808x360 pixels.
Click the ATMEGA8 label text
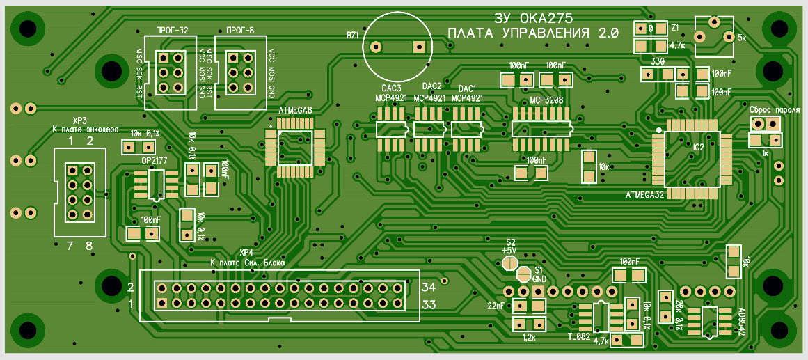coord(295,111)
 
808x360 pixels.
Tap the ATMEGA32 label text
coord(645,194)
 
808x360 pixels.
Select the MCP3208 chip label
coord(546,100)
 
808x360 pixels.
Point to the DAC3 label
coord(391,88)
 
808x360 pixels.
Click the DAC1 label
coord(467,89)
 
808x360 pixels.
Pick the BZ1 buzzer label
coord(353,34)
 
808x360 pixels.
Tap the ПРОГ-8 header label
coord(240,31)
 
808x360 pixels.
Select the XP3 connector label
coord(79,120)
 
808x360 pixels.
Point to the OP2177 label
coord(155,160)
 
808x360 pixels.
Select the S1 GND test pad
coord(524,274)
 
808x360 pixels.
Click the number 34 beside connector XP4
coord(429,287)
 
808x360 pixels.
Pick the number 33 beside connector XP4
coord(429,304)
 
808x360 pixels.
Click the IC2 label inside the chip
coord(699,148)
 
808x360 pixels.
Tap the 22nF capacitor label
coord(496,305)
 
